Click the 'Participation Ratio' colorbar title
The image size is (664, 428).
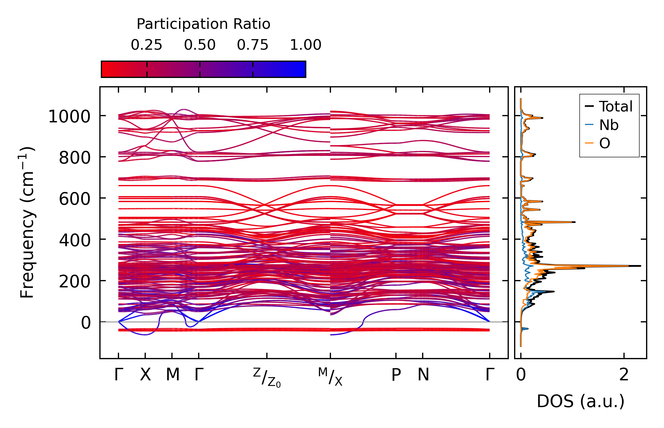pyautogui.click(x=203, y=24)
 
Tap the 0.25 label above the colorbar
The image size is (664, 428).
pyautogui.click(x=146, y=45)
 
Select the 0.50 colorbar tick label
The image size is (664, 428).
pyautogui.click(x=200, y=45)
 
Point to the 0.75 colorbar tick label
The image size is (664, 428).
pyautogui.click(x=253, y=45)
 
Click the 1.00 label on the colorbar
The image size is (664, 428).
pyautogui.click(x=306, y=45)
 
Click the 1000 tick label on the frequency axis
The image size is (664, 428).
pyautogui.click(x=69, y=116)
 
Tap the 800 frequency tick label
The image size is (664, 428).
pyautogui.click(x=75, y=158)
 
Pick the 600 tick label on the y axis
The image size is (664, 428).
pyautogui.click(x=75, y=199)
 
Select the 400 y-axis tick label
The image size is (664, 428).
pyautogui.click(x=75, y=240)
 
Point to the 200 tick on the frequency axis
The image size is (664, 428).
pyautogui.click(x=75, y=282)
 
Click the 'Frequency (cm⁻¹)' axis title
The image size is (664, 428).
pyautogui.click(x=27, y=223)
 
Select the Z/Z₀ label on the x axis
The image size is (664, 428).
pyautogui.click(x=267, y=377)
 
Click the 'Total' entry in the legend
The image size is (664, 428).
pyautogui.click(x=616, y=106)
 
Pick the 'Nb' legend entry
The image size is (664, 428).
pyautogui.click(x=609, y=125)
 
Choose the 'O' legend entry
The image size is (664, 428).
pyautogui.click(x=605, y=144)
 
